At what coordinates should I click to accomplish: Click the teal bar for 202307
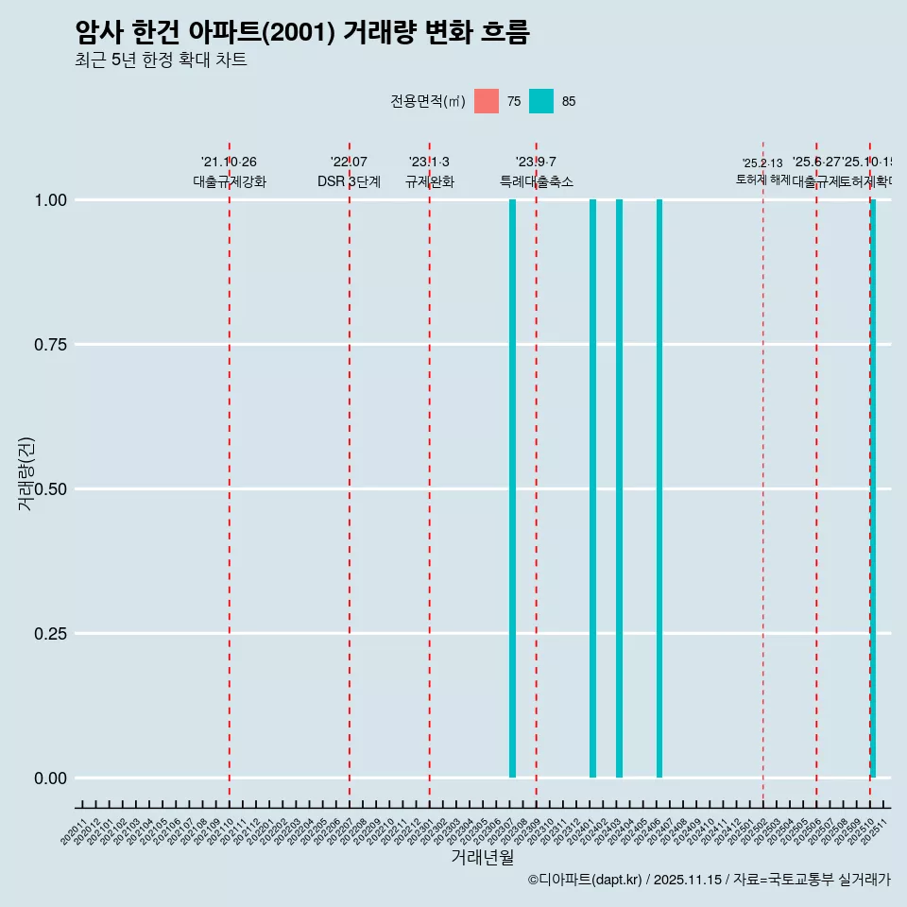(x=512, y=488)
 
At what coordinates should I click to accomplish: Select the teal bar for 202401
(x=592, y=488)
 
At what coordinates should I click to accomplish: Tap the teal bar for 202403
(x=619, y=488)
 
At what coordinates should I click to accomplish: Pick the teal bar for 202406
(x=659, y=488)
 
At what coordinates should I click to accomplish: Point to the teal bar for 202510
(x=873, y=488)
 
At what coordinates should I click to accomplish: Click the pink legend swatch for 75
(x=487, y=101)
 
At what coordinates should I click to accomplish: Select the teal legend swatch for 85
(x=541, y=101)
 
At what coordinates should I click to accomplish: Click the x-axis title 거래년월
(x=482, y=858)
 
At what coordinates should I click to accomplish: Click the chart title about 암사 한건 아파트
(x=302, y=32)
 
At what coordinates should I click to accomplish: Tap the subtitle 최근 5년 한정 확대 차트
(x=161, y=60)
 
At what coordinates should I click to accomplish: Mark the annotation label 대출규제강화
(x=230, y=181)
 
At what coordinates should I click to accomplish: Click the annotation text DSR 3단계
(x=349, y=181)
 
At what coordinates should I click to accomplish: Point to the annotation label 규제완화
(x=430, y=181)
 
